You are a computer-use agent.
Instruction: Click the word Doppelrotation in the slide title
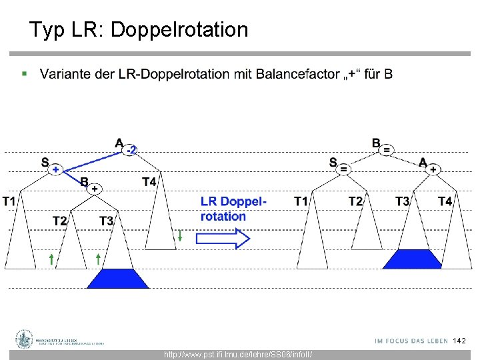pos(179,30)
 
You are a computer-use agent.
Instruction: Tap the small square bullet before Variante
pos(25,73)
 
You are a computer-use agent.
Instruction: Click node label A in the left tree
pos(119,143)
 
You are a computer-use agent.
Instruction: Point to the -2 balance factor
pos(132,151)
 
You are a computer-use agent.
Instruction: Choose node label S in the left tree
pos(45,162)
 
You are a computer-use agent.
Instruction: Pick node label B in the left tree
pos(84,181)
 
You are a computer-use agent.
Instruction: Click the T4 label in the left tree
pos(149,181)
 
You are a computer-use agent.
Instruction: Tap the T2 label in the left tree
pos(60,221)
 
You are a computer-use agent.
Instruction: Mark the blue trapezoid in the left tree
pos(118,278)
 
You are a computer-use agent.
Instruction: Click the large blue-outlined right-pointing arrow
pos(223,238)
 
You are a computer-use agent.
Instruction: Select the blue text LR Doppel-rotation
pos(233,209)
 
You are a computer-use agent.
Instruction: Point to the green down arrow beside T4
pos(180,235)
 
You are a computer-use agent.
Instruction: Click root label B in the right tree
pos(376,143)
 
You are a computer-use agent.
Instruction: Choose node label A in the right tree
pos(423,162)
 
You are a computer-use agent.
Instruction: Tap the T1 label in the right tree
pos(301,201)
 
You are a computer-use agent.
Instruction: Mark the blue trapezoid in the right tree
pos(412,259)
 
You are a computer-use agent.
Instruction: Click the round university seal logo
pos(25,339)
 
